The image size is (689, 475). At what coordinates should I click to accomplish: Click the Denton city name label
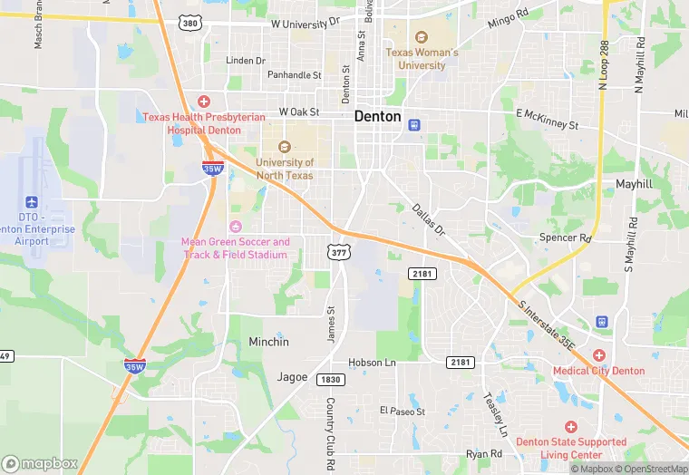pyautogui.click(x=378, y=116)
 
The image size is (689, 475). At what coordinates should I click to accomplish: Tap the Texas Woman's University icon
pyautogui.click(x=422, y=37)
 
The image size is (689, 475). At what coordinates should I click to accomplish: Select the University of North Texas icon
pyautogui.click(x=285, y=147)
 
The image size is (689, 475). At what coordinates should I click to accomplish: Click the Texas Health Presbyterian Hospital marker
pyautogui.click(x=204, y=102)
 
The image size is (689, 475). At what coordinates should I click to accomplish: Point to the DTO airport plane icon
pyautogui.click(x=33, y=201)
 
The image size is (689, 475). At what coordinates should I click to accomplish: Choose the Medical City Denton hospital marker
pyautogui.click(x=599, y=355)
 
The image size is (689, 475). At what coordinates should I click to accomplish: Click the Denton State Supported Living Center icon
pyautogui.click(x=571, y=427)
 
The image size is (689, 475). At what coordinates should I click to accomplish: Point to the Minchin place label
pyautogui.click(x=269, y=342)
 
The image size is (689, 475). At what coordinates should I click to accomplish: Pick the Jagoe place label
pyautogui.click(x=292, y=377)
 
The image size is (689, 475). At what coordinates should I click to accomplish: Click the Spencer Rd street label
pyautogui.click(x=565, y=237)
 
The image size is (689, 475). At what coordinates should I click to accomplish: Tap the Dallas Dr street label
pyautogui.click(x=429, y=220)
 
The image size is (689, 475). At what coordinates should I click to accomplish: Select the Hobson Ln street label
pyautogui.click(x=373, y=363)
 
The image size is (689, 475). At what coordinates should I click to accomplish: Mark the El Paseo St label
pyautogui.click(x=403, y=411)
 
